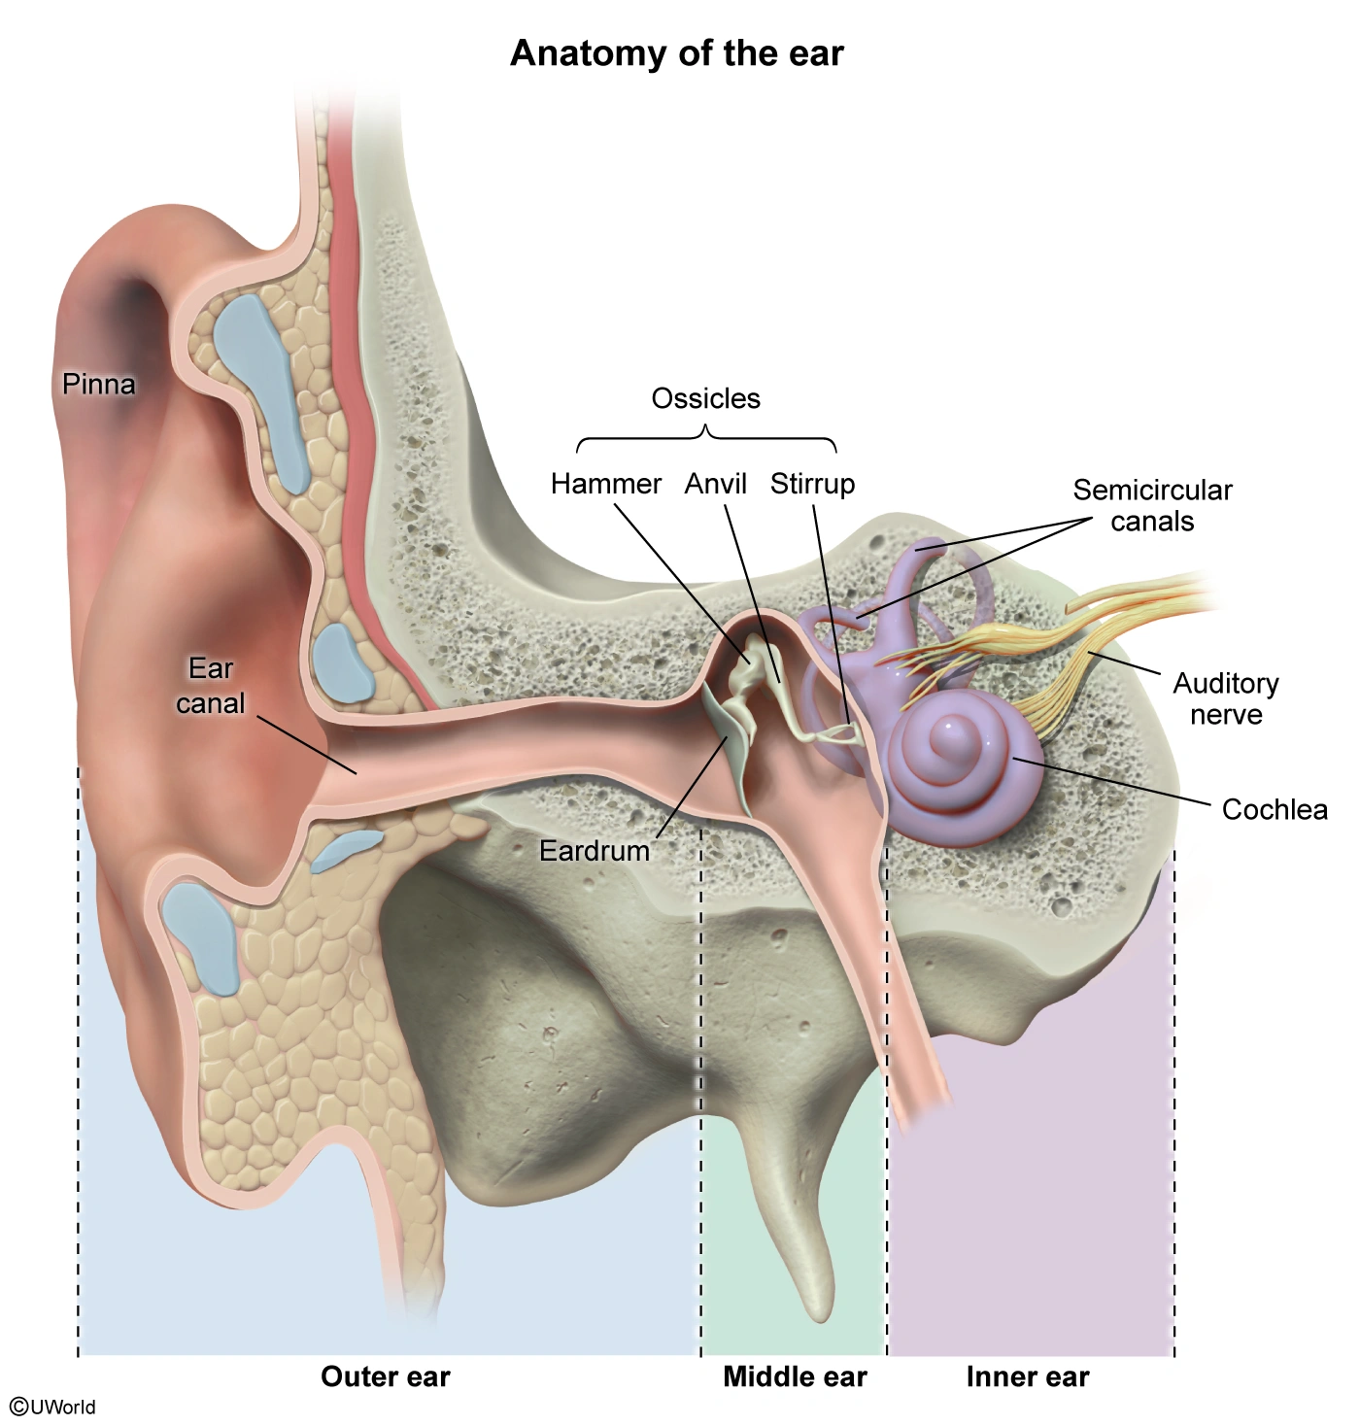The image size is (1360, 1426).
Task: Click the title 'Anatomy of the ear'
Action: point(677,52)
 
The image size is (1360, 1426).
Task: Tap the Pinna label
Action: point(98,384)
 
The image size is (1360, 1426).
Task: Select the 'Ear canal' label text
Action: point(211,686)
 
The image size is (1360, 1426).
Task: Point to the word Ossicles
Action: point(705,398)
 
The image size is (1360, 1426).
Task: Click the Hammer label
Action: point(605,483)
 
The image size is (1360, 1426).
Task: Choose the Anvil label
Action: point(715,483)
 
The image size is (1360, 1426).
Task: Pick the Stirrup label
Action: point(812,483)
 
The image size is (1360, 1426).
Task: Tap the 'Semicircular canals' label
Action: point(1152,505)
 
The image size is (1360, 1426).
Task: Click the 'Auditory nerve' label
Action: point(1225,698)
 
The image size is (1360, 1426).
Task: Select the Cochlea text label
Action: point(1274,809)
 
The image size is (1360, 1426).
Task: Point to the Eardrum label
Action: point(595,851)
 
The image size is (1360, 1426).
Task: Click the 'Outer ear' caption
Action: point(386,1376)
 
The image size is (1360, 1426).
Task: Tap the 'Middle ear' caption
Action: point(795,1376)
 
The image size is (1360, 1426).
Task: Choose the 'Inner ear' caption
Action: point(1028,1376)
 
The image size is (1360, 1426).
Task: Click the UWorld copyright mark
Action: point(53,1407)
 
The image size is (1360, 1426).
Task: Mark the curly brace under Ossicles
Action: point(706,440)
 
